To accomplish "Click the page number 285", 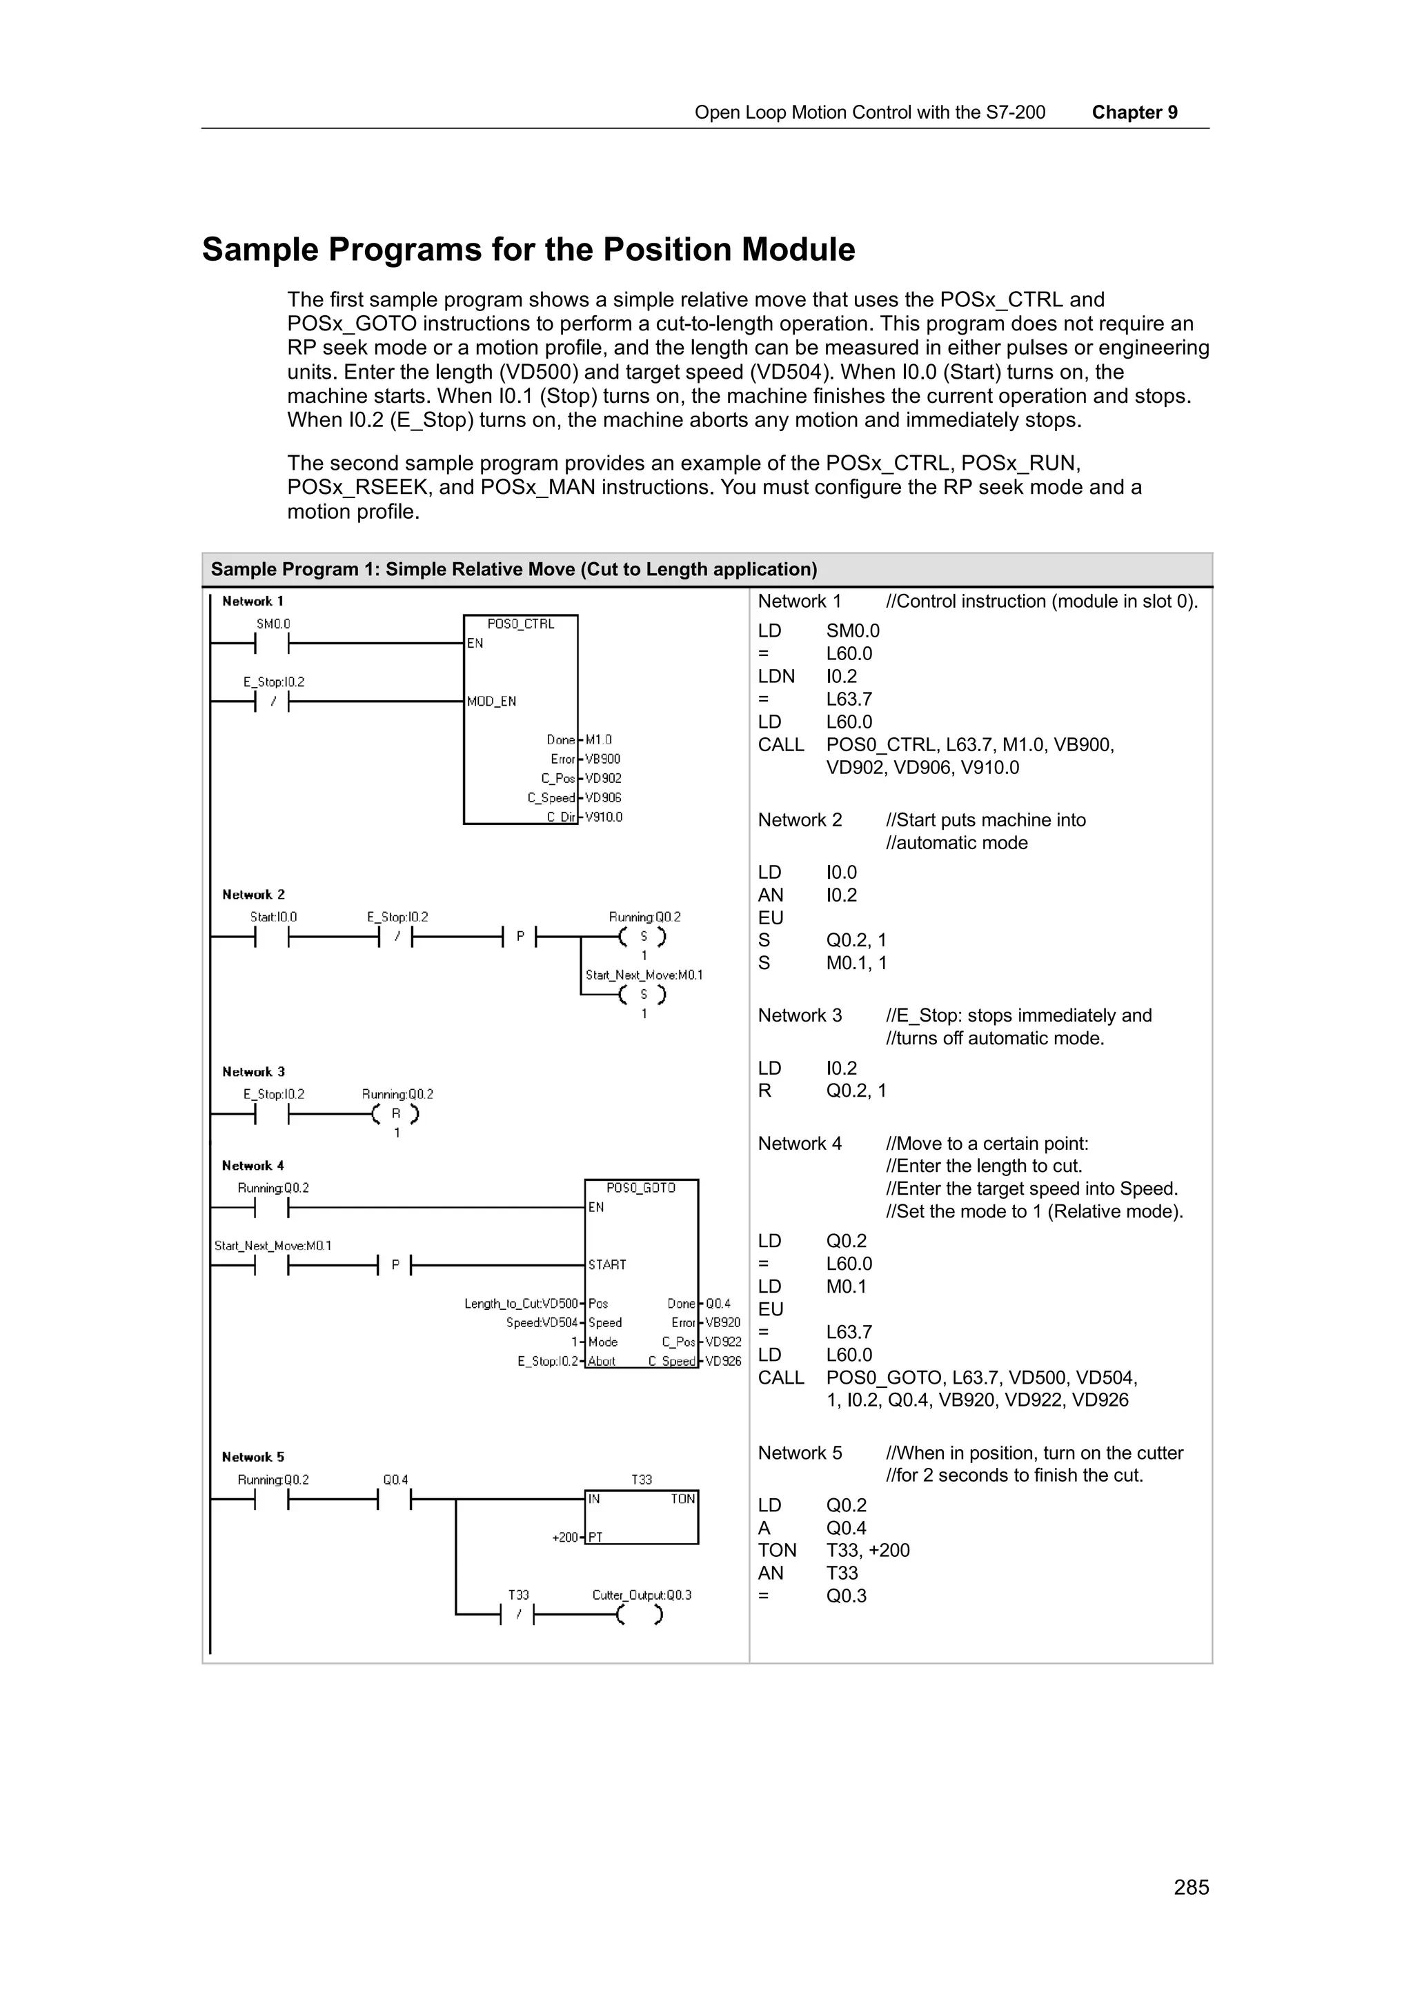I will pyautogui.click(x=1190, y=1887).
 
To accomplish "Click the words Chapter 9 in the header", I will pyautogui.click(x=1134, y=112).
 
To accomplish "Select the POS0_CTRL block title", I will pyautogui.click(x=520, y=624).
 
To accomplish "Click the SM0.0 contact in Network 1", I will pyautogui.click(x=273, y=643).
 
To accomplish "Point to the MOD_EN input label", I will pyautogui.click(x=491, y=701).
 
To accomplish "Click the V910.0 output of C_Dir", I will pyautogui.click(x=603, y=817).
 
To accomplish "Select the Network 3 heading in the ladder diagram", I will pyautogui.click(x=253, y=1072).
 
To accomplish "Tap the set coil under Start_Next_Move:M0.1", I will pyautogui.click(x=644, y=994).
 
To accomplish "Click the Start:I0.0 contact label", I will pyautogui.click(x=273, y=917).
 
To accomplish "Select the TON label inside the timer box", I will pyautogui.click(x=682, y=1498).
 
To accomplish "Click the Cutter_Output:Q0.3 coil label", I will pyautogui.click(x=641, y=1595).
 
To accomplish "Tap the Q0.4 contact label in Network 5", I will pyautogui.click(x=395, y=1479).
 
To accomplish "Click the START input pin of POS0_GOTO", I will pyautogui.click(x=607, y=1264).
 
